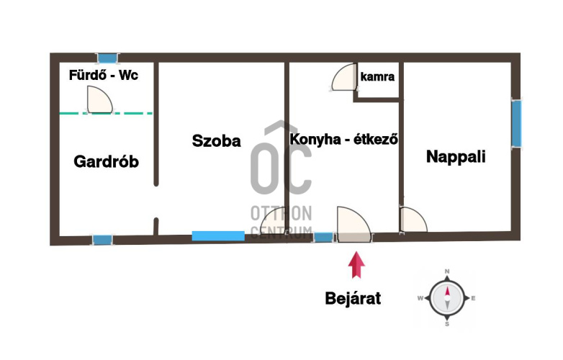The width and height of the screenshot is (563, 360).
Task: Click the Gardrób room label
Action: click(x=107, y=161)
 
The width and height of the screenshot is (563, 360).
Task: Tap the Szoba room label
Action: click(x=216, y=140)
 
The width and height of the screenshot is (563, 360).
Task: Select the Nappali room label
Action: click(x=456, y=157)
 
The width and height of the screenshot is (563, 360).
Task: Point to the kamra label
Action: click(x=377, y=76)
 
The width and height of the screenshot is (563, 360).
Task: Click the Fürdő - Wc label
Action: click(x=104, y=75)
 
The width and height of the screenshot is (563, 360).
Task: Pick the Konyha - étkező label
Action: click(x=343, y=139)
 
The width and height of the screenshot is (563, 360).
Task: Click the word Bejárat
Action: click(x=353, y=298)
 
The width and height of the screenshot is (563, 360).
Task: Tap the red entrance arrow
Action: click(x=356, y=265)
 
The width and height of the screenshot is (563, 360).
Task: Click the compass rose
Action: click(x=447, y=298)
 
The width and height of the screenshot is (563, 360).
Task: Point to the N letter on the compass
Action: click(x=447, y=271)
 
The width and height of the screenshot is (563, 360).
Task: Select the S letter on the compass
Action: click(x=447, y=324)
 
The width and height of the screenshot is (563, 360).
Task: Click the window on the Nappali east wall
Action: click(x=516, y=123)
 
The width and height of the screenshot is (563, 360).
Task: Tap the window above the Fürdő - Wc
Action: click(x=108, y=58)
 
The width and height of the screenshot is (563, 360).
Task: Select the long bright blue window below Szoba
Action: click(x=218, y=236)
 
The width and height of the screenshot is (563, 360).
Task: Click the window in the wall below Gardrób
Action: click(x=103, y=240)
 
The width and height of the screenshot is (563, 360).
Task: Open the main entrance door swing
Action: click(x=354, y=225)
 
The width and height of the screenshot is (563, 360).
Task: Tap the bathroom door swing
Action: click(x=100, y=100)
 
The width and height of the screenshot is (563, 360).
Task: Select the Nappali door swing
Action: click(x=413, y=220)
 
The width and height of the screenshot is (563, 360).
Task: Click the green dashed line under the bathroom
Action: click(x=106, y=114)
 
